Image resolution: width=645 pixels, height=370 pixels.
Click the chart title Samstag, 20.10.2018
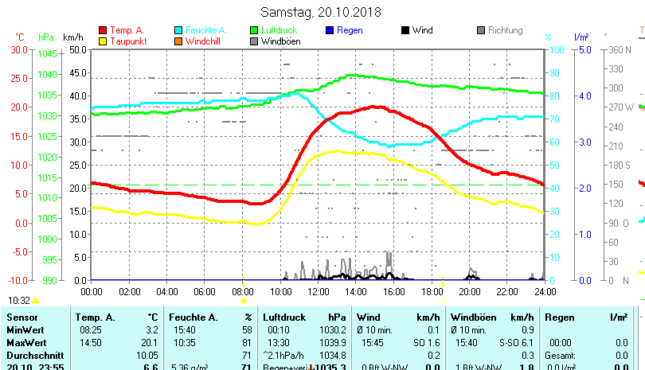click(321, 12)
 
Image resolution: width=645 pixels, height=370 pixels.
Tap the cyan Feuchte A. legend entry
click(200, 30)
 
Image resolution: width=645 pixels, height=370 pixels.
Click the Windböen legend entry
click(279, 41)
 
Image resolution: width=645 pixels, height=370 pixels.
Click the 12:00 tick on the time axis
click(319, 291)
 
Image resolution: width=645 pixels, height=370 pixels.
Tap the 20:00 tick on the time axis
click(470, 291)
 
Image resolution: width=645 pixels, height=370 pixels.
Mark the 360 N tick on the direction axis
click(620, 49)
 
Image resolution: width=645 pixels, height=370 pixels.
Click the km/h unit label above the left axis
click(73, 37)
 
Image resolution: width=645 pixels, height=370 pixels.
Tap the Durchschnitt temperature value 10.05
click(147, 355)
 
